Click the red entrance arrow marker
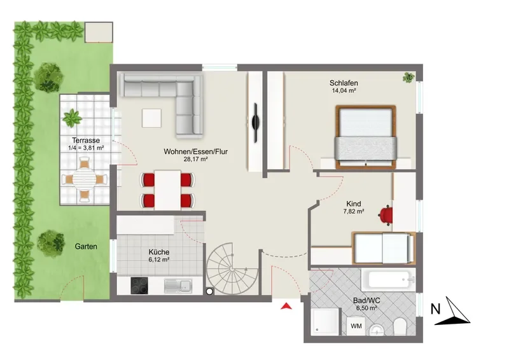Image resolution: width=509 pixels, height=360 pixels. pos(286,306)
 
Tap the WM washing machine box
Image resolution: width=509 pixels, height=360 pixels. pos(356,326)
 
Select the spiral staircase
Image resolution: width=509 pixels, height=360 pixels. pos(232,269)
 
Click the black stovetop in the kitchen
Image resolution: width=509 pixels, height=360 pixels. pos(139,286)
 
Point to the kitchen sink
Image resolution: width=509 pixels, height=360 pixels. pos(178,286)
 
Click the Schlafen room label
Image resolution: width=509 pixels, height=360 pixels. pos(344,83)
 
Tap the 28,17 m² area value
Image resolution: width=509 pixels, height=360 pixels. pos(195,159)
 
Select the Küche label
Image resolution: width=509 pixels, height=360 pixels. pos(158,252)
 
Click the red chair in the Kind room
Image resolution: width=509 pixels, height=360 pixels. pos(386,214)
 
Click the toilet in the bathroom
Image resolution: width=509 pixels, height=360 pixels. pos(400,326)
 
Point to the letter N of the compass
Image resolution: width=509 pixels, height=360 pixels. pos(435,309)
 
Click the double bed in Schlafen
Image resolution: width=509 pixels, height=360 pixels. pos(366,137)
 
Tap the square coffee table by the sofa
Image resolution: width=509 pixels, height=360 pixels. pos(151,118)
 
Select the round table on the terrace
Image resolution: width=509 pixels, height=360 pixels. pos(84,178)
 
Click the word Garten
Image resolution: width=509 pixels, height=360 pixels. pos(86,246)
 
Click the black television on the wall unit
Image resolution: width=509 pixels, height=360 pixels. pos(256,122)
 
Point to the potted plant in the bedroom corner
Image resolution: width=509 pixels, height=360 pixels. pos(408,77)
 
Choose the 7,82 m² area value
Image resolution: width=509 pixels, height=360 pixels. pos(354,211)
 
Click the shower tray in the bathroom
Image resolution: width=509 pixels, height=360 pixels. pos(325,321)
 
